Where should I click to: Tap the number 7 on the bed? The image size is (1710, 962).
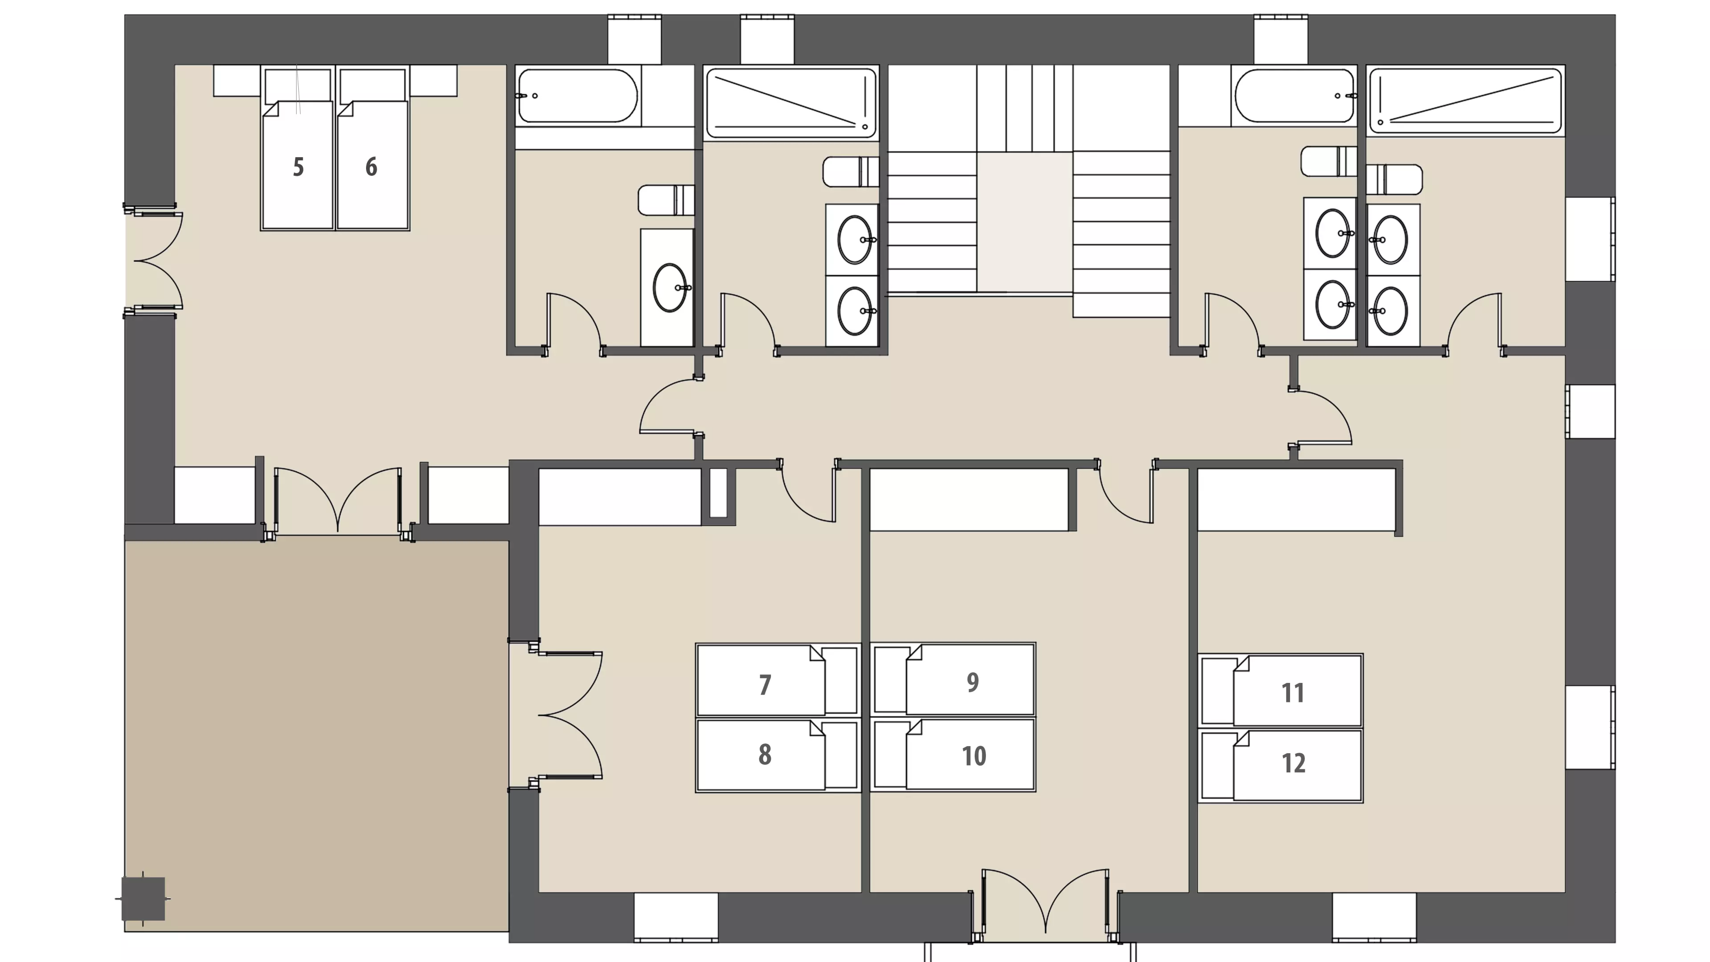765,685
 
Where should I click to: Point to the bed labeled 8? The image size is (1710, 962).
778,755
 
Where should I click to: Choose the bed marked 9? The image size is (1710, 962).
953,679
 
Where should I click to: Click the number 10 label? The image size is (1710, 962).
974,756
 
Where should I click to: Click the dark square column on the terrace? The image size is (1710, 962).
142,899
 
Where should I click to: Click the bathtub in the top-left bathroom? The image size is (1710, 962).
578,96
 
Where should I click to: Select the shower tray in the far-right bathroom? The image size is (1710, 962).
1466,101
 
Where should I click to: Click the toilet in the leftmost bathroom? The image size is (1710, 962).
666,200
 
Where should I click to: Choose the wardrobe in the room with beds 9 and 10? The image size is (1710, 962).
969,499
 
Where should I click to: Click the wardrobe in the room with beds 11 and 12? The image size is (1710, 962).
1296,499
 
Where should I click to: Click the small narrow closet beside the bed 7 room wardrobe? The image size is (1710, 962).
718,493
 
